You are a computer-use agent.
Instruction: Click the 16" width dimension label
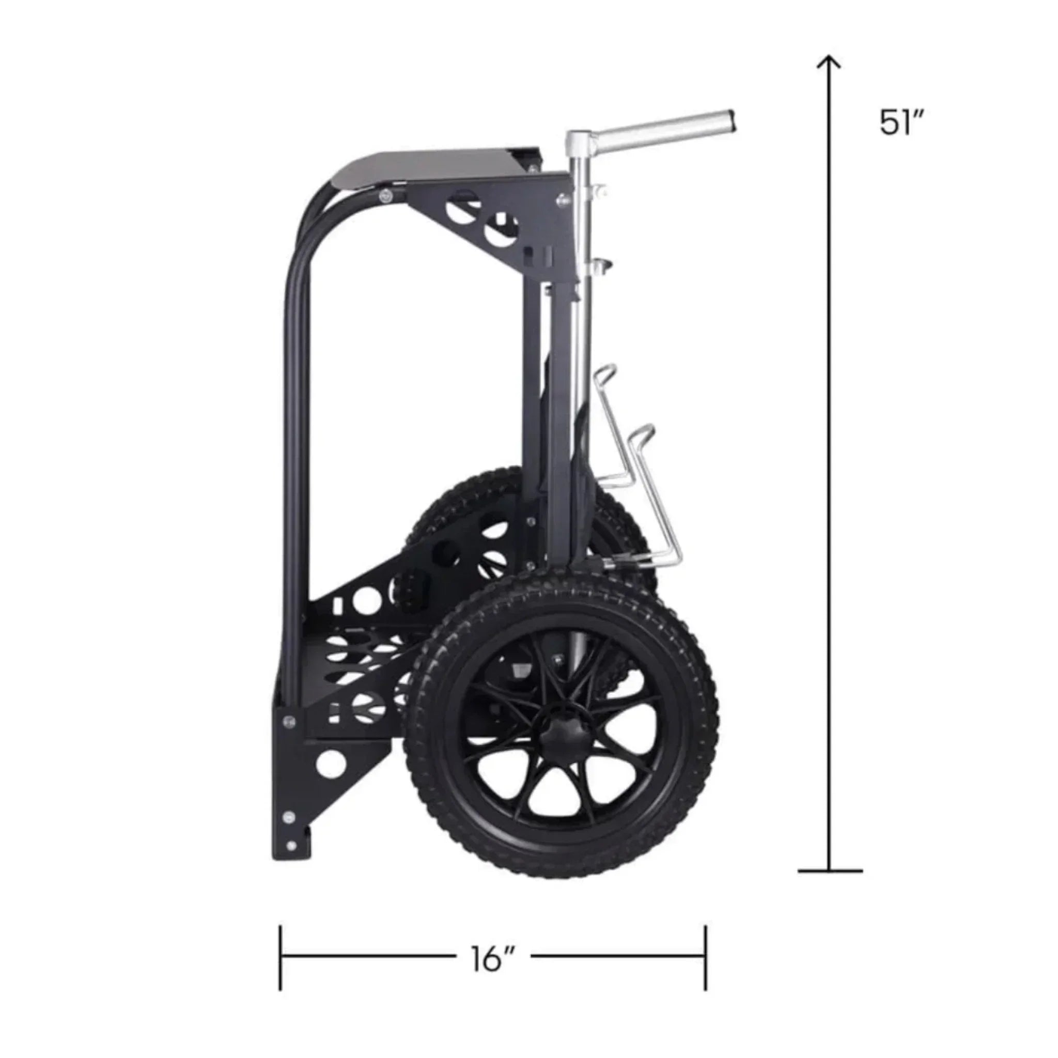[x=492, y=959]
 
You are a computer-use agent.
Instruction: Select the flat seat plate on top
[x=432, y=167]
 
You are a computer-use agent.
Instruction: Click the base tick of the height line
[x=830, y=870]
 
